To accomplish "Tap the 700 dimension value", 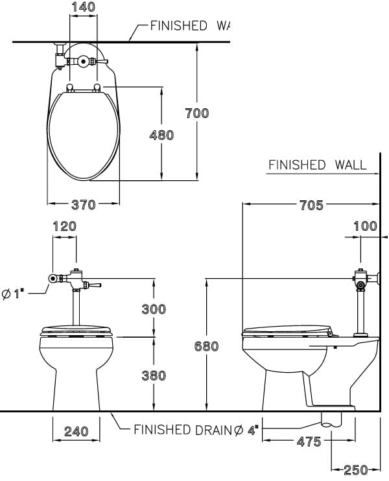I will (197, 113).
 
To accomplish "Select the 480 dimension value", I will (161, 135).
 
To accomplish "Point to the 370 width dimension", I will (83, 205).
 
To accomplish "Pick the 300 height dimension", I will (154, 309).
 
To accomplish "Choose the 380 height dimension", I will (154, 375).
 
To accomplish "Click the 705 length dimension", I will (312, 205).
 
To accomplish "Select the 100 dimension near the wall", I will (366, 226).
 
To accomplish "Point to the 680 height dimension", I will (206, 346).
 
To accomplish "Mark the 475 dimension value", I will (309, 441).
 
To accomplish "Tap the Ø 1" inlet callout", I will (13, 294).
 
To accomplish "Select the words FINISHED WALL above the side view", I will (317, 165).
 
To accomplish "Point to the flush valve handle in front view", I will (94, 285).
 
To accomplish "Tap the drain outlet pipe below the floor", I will (331, 419).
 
